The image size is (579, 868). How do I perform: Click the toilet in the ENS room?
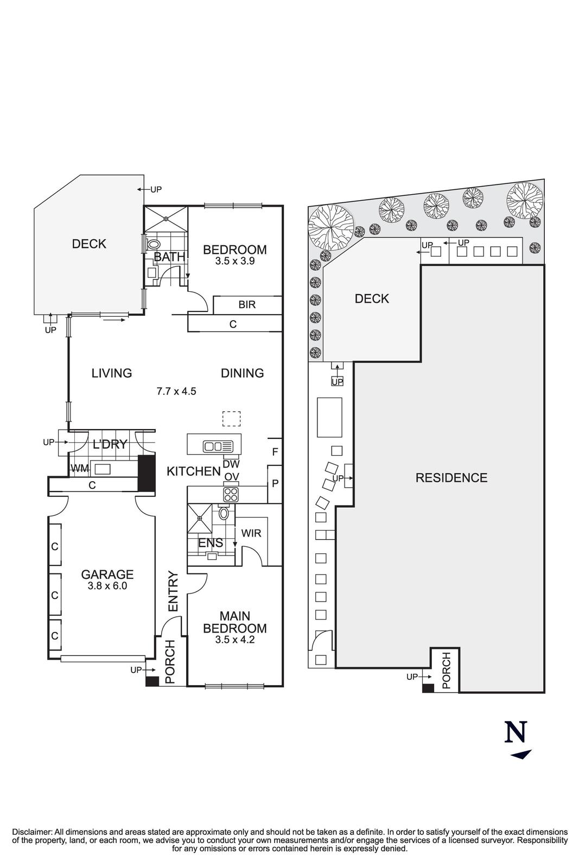point(224,514)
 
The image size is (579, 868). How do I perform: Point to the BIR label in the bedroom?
point(247,304)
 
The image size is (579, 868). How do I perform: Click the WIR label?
point(251,533)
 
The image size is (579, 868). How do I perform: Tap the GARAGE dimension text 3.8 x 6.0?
point(107,586)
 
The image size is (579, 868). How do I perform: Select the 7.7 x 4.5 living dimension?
point(176,391)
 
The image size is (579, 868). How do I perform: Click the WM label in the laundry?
point(79,468)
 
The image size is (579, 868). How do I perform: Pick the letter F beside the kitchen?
point(275,451)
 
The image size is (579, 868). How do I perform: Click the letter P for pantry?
point(275,483)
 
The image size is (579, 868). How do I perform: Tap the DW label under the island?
point(231,464)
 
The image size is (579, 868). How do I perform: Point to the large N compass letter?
point(516,732)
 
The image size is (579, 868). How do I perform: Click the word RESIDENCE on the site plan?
point(451,478)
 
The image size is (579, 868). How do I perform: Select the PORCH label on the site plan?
point(447,671)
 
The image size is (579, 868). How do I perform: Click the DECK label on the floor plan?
point(89,244)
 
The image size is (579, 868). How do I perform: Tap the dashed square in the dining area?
point(232,419)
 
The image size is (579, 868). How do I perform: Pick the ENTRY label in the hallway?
point(173,591)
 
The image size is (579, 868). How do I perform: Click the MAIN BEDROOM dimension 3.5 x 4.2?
point(235,640)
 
